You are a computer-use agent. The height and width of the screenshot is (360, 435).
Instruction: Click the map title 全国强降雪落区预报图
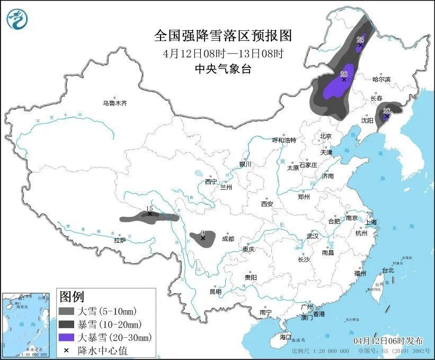click(x=223, y=36)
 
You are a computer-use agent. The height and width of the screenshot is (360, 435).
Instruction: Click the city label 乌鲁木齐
click(x=115, y=103)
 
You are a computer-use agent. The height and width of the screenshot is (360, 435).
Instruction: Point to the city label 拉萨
click(x=120, y=240)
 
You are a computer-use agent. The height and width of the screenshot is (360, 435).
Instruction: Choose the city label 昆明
click(x=216, y=291)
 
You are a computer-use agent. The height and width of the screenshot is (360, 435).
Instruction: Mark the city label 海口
click(x=286, y=337)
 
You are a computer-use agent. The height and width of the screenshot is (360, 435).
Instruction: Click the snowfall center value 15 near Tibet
click(x=149, y=208)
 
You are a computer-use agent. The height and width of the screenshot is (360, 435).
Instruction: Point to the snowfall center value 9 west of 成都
click(x=202, y=232)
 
